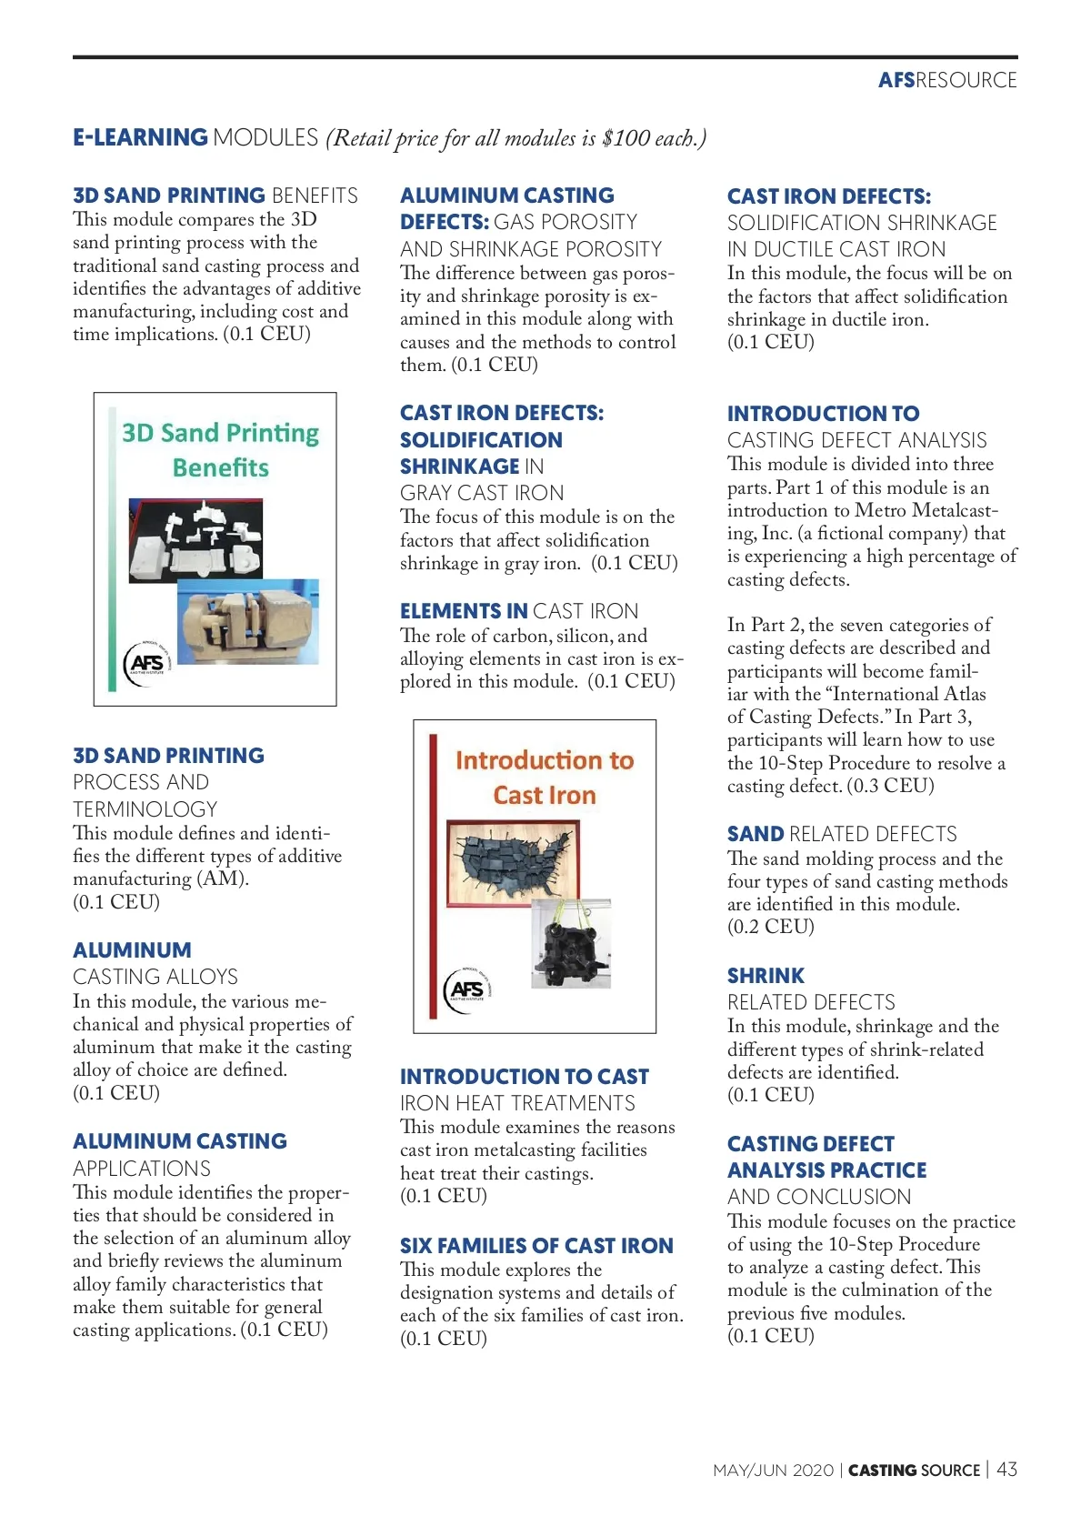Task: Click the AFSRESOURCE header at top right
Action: pos(946,80)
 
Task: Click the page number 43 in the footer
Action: pos(1006,1469)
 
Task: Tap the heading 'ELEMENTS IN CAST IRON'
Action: pos(518,611)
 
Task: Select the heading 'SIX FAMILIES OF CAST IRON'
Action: pos(536,1246)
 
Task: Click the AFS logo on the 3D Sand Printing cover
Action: pos(145,663)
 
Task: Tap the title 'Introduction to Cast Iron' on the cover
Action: pos(544,778)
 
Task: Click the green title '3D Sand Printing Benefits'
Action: pos(221,449)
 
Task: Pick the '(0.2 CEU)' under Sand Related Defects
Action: pos(770,927)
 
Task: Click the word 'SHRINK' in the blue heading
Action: pos(766,976)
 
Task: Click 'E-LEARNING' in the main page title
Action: pos(140,137)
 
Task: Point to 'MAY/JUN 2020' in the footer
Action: pos(773,1471)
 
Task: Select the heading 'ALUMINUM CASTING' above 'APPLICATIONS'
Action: pos(179,1141)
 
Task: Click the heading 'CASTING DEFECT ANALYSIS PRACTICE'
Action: pos(826,1157)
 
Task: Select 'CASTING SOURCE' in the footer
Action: pos(914,1471)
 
